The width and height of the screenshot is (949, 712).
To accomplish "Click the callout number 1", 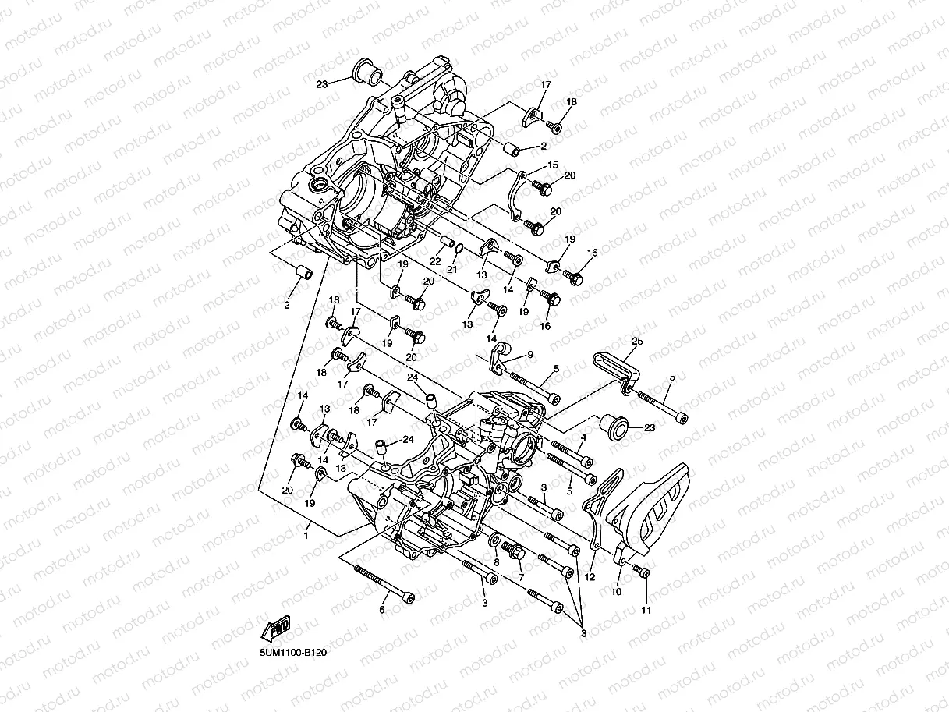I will tap(306, 536).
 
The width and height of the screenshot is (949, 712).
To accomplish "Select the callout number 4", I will tap(583, 437).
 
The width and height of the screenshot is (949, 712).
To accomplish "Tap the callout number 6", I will tap(382, 609).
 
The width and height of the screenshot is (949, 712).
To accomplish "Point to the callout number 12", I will tap(590, 577).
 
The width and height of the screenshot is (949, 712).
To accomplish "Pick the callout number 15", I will tap(553, 165).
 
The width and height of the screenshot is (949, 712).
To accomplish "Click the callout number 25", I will tap(637, 342).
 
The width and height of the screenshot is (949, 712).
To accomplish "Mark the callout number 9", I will tap(529, 354).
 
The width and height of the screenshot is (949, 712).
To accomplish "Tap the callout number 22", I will tap(435, 260).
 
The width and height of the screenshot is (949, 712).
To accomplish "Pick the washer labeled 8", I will tap(495, 540).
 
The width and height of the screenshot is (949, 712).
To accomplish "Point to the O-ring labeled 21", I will tap(459, 249).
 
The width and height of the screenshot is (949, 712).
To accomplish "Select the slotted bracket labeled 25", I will tap(616, 366).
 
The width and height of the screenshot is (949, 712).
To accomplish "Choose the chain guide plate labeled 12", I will tap(600, 507).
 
